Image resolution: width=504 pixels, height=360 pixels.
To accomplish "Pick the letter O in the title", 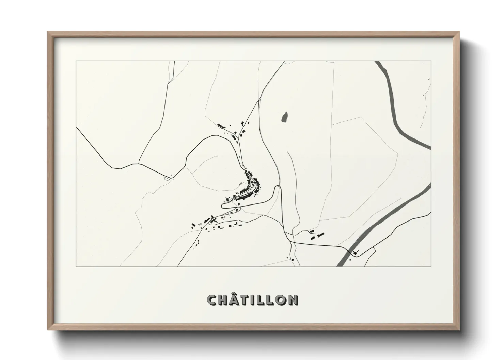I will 281,300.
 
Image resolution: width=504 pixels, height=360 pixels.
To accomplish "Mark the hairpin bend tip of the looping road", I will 223,205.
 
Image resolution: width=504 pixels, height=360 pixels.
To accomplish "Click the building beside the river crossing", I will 356,252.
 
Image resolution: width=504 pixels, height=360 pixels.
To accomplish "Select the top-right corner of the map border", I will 431,61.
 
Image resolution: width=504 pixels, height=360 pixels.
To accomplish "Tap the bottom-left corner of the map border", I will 76,266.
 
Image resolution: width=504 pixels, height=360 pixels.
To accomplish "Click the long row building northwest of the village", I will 222,126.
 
